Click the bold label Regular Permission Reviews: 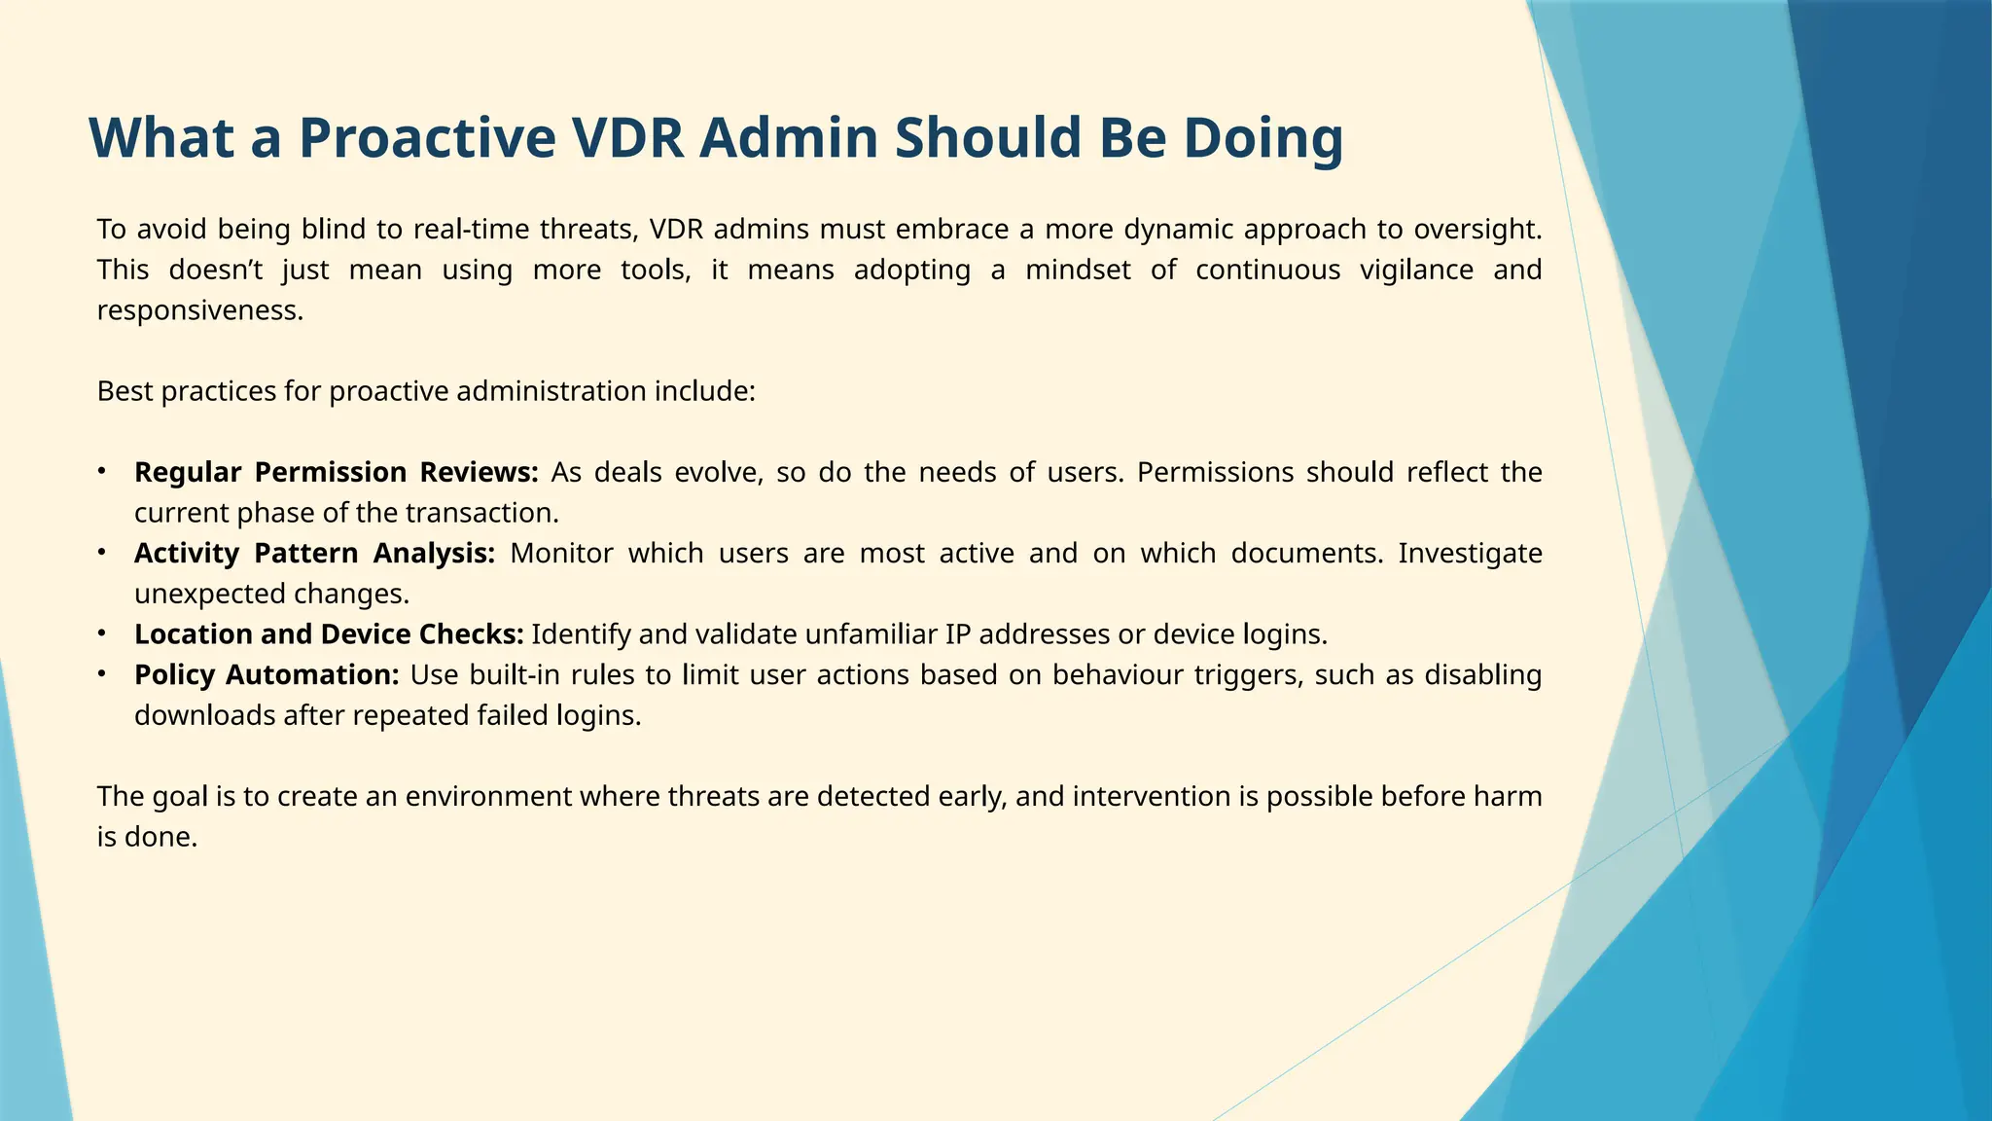click(336, 472)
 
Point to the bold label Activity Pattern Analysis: click(314, 553)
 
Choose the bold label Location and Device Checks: click(329, 634)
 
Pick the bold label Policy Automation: click(267, 674)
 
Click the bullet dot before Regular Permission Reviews click(102, 472)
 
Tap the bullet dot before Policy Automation click(102, 674)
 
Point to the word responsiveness click(199, 310)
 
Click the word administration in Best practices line click(551, 391)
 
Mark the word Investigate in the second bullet click(1470, 553)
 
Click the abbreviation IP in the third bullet click(957, 634)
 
